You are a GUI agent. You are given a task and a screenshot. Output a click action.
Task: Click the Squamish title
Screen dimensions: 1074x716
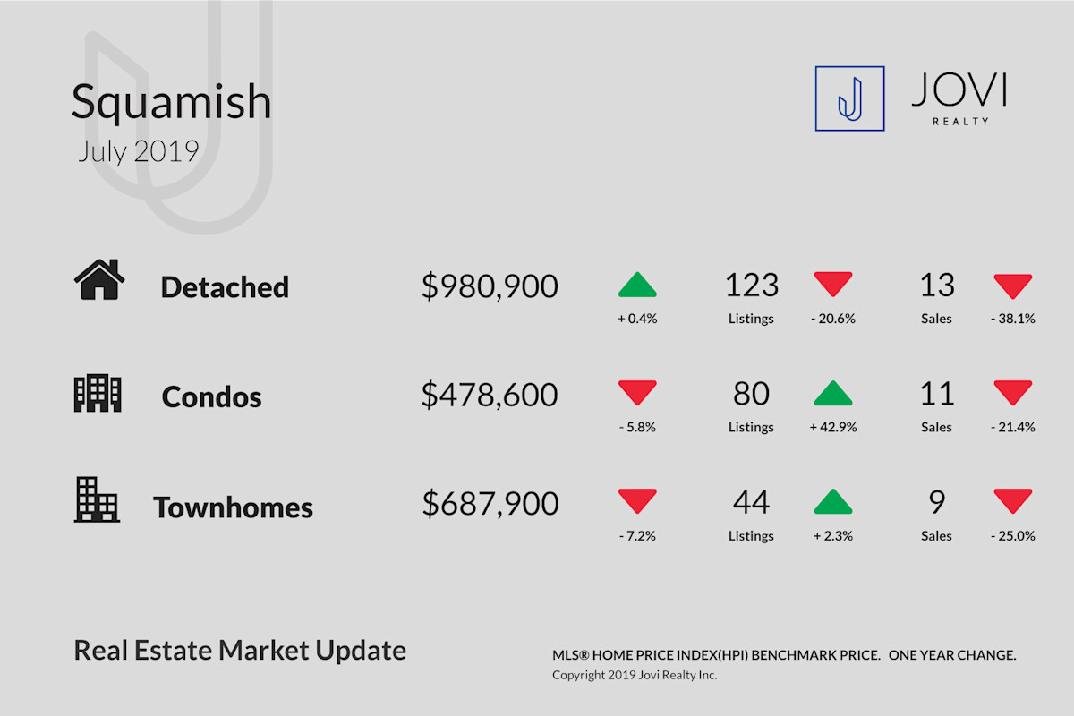click(171, 103)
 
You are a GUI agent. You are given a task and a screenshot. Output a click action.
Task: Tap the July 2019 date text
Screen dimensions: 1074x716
click(138, 151)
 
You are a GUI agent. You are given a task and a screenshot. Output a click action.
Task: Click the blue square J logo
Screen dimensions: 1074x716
click(849, 98)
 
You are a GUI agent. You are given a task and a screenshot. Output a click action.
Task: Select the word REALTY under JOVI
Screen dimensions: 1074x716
click(961, 122)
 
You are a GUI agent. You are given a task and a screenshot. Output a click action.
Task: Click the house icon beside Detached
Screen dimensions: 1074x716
click(99, 279)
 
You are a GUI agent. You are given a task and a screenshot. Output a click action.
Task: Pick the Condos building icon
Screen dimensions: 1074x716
click(98, 393)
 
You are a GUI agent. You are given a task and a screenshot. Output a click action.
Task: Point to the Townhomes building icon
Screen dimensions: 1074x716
click(97, 499)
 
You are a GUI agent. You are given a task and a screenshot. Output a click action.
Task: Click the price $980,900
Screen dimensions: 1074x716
click(490, 286)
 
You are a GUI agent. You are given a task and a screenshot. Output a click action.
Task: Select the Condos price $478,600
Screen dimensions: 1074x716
click(490, 395)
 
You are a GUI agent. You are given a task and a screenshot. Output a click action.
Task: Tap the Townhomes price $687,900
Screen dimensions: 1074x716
click(490, 504)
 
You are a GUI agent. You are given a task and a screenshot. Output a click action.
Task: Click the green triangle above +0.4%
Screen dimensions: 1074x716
click(637, 285)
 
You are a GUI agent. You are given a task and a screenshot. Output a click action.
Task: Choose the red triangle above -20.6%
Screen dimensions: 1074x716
click(833, 284)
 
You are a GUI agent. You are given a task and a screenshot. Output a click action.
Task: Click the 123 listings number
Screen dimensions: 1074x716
click(751, 285)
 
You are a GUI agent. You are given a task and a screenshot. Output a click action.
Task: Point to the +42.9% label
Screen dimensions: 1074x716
click(833, 427)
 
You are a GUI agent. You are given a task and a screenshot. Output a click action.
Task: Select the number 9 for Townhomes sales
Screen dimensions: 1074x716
click(936, 502)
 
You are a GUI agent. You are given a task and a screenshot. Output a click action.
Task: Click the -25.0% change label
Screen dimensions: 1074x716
click(1013, 536)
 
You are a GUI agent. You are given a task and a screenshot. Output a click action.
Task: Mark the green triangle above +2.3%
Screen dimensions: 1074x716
click(833, 501)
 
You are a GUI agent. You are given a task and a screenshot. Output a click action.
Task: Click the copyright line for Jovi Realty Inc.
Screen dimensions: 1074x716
click(635, 675)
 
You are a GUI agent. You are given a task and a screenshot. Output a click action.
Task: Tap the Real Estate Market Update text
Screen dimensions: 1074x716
click(240, 651)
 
